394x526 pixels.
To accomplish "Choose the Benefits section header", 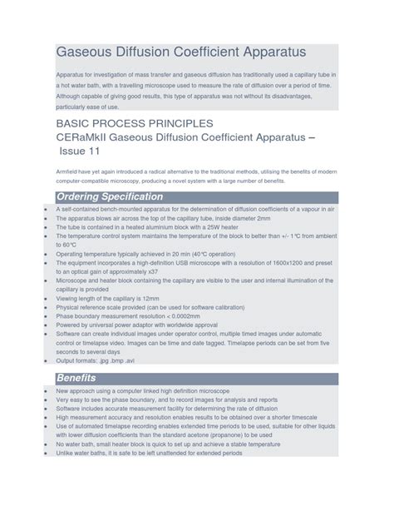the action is (x=76, y=378).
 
